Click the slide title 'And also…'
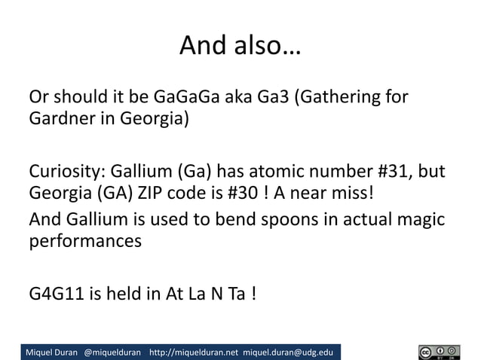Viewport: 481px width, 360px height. [240, 47]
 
